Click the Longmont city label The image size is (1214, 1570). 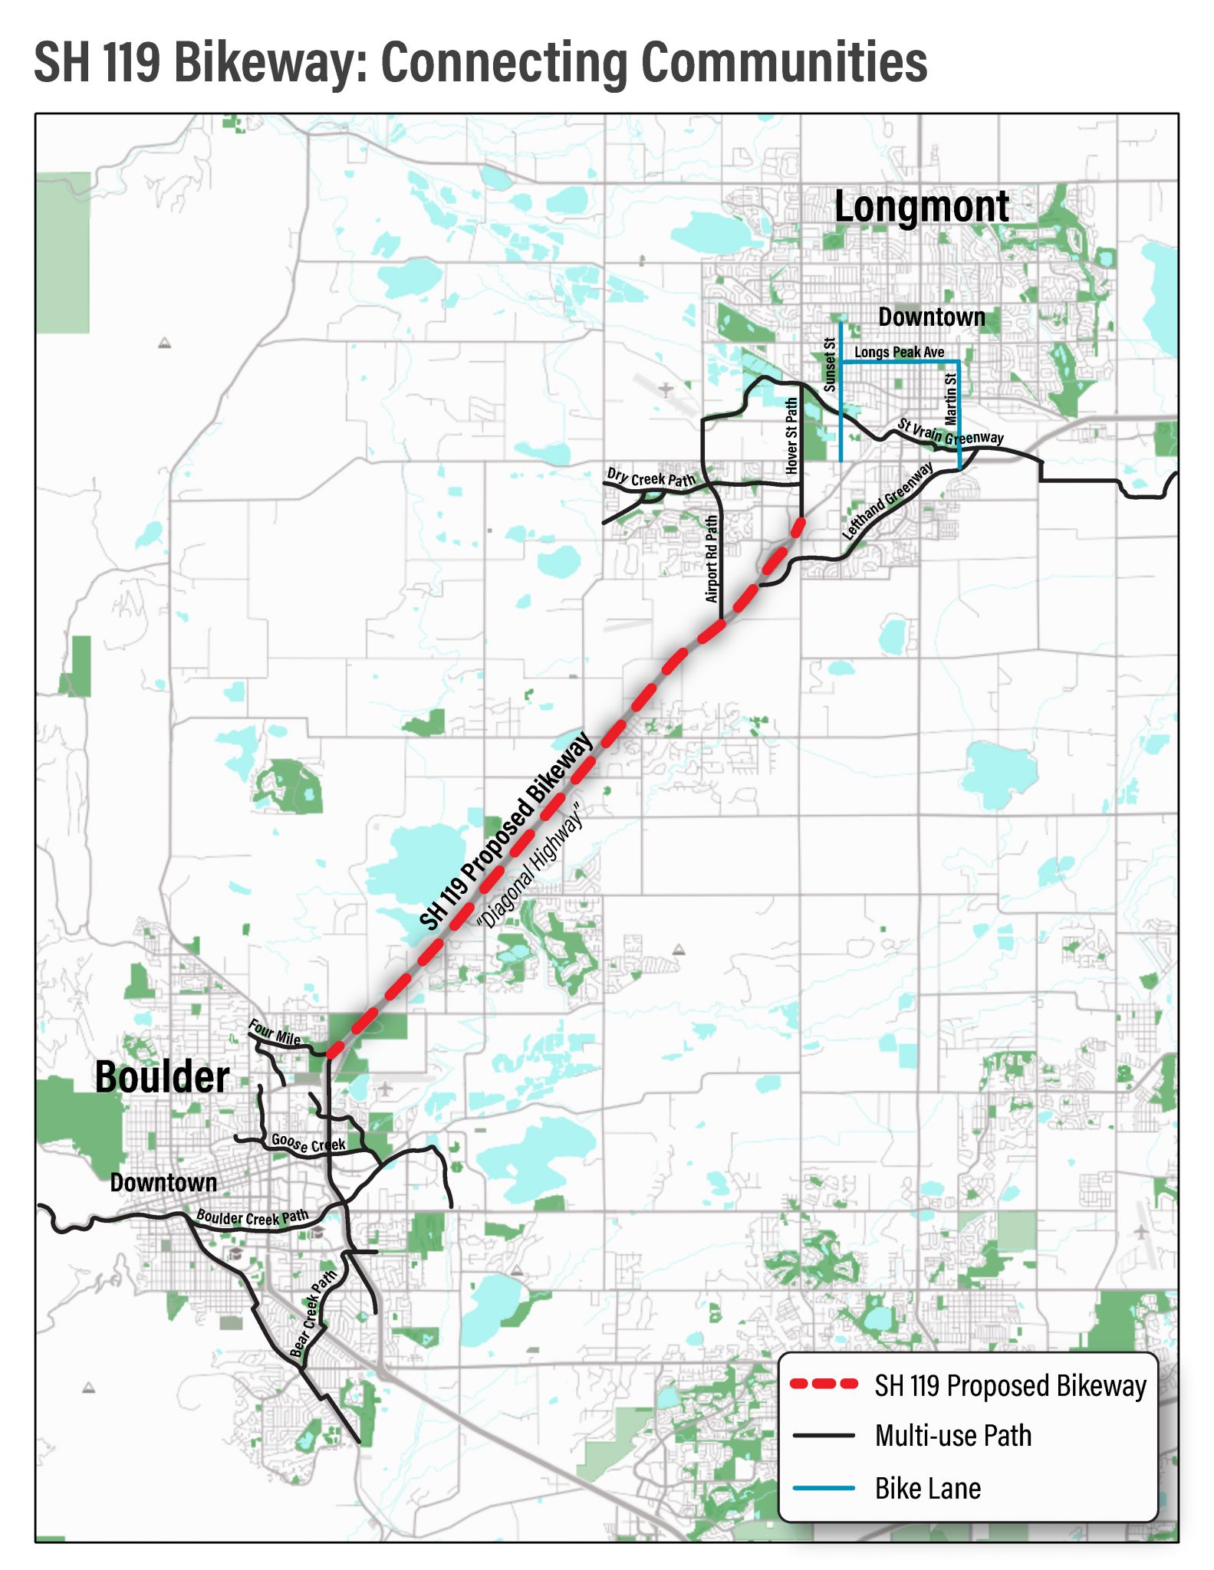[921, 207]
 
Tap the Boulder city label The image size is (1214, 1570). [162, 1077]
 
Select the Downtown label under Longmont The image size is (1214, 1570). [931, 317]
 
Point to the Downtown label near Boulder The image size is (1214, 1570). [163, 1182]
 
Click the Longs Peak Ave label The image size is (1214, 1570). [899, 352]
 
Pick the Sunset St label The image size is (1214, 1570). [829, 365]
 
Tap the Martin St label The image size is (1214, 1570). [951, 399]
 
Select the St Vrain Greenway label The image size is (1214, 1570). [950, 432]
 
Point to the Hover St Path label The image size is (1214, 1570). [791, 435]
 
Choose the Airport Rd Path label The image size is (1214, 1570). [712, 558]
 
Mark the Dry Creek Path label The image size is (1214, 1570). [650, 478]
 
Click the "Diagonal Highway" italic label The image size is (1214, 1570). [530, 866]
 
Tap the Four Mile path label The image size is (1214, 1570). [274, 1033]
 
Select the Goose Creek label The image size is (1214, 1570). [308, 1143]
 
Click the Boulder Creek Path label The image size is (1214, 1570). [252, 1217]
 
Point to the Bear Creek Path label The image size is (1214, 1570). [314, 1313]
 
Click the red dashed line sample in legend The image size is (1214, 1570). [824, 1384]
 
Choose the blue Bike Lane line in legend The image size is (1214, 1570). [824, 1488]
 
